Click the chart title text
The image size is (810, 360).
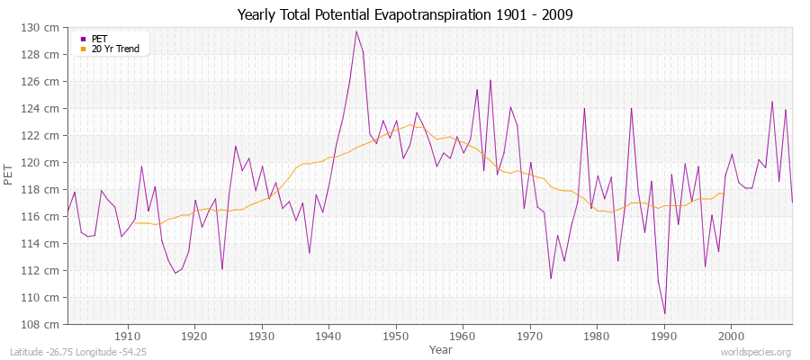pyautogui.click(x=405, y=14)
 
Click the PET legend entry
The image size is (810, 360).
pyautogui.click(x=99, y=39)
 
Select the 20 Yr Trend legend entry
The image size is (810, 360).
pyautogui.click(x=115, y=49)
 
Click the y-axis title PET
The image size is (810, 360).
pyautogui.click(x=9, y=175)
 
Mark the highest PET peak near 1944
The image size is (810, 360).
pyautogui.click(x=356, y=31)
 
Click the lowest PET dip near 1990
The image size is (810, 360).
pyautogui.click(x=664, y=313)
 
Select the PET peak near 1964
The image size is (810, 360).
pyautogui.click(x=490, y=80)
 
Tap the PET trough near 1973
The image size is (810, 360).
pyautogui.click(x=551, y=278)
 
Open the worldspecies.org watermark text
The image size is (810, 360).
pyautogui.click(x=755, y=352)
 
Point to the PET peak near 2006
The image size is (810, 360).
pyautogui.click(x=772, y=102)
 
